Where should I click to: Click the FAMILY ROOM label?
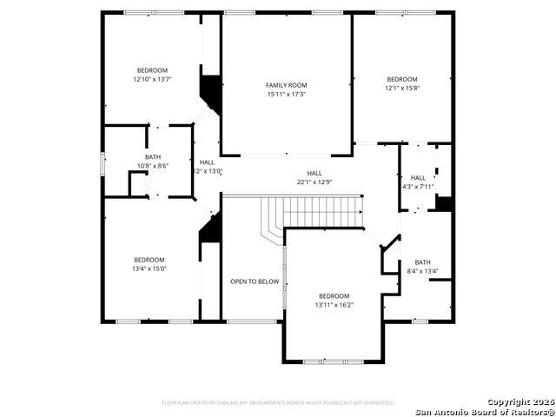point(286,84)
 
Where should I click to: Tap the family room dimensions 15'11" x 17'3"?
point(286,94)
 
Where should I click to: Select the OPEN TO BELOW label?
point(255,281)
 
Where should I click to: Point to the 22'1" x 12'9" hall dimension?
point(314,182)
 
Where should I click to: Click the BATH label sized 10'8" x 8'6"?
point(153,156)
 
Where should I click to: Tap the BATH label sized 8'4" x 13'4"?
point(422,261)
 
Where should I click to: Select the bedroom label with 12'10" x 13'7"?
point(152,69)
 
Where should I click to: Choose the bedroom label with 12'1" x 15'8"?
point(402,78)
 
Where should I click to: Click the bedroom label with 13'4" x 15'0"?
point(149,259)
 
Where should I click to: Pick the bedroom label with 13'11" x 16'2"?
point(334,295)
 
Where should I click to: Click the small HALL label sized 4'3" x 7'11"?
point(418,177)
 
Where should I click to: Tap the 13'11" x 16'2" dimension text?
point(334,305)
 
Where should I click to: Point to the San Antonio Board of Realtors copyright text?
point(484,411)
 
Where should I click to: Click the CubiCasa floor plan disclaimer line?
point(278,402)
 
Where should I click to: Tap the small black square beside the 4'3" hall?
point(444,203)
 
